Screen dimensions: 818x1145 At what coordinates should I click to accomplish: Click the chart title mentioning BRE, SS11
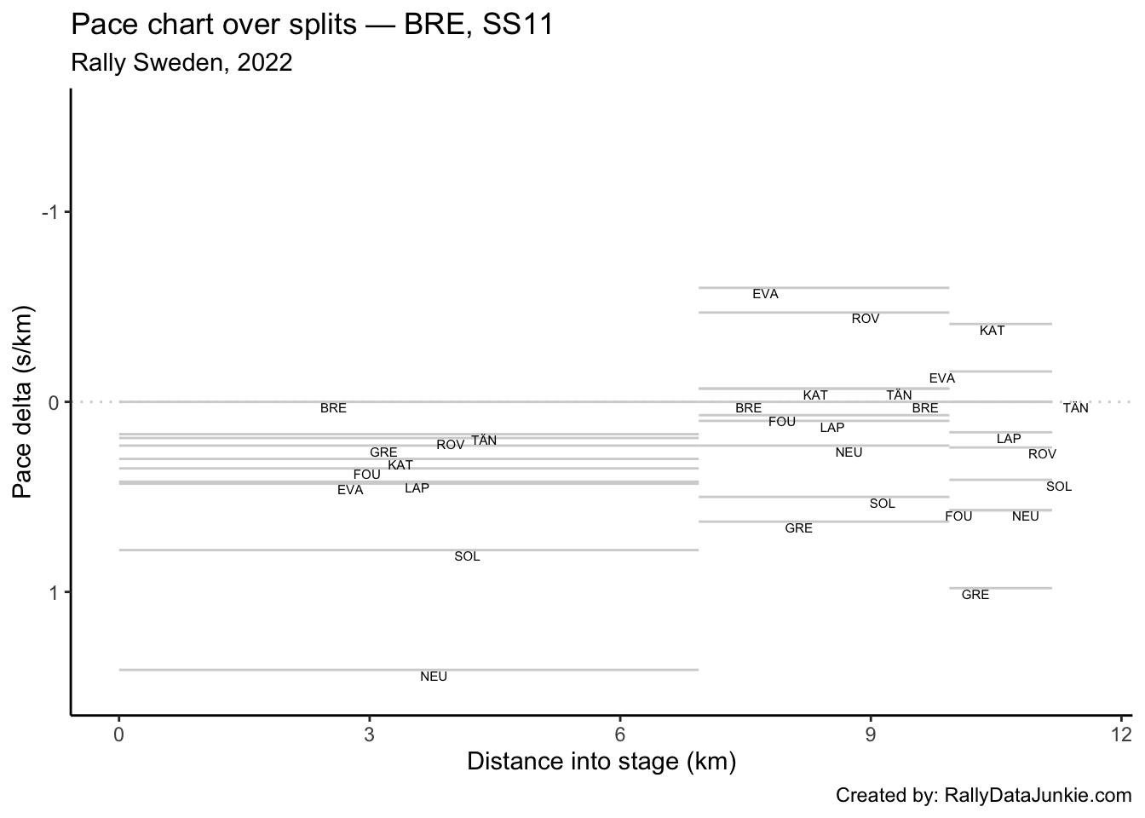point(313,25)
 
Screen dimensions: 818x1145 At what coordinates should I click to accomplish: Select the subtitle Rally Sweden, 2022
point(181,63)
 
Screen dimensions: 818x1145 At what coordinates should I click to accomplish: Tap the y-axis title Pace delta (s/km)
point(25,400)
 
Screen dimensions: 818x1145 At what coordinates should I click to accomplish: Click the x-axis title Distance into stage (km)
point(601,761)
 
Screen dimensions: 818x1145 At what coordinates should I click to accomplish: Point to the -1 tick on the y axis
point(52,212)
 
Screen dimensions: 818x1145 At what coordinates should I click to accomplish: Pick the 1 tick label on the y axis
point(53,592)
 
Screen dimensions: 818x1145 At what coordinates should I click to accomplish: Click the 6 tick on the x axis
point(620,735)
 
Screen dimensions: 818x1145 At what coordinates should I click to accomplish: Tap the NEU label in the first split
point(434,677)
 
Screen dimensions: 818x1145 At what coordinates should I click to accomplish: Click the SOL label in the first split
point(467,556)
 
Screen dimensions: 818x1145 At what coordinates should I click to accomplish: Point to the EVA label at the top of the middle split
point(765,294)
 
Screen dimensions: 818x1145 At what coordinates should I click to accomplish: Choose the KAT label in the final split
point(992,331)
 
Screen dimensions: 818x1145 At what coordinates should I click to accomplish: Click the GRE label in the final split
point(975,595)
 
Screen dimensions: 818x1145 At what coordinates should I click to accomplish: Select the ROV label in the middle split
point(865,319)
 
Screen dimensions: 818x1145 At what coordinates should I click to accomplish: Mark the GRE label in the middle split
point(798,528)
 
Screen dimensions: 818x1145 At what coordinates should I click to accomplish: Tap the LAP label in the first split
point(417,488)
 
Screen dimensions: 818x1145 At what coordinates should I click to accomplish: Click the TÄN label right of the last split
point(1075,408)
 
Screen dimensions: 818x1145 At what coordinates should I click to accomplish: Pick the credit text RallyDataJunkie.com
point(984,796)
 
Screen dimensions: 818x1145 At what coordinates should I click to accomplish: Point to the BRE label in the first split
point(333,408)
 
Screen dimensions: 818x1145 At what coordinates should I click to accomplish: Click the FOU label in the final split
point(958,516)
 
